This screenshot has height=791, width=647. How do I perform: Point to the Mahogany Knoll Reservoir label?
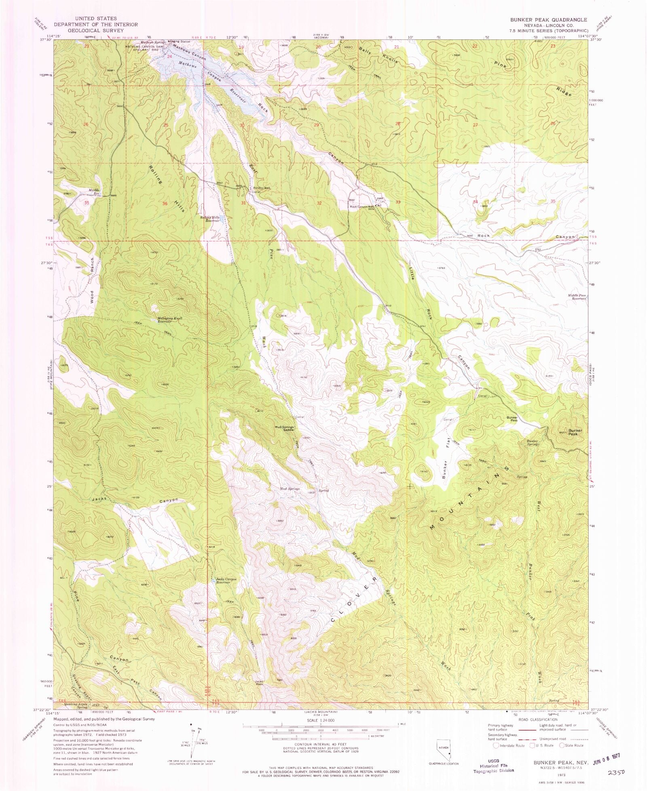[x=169, y=320]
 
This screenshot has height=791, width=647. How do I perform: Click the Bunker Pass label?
[x=512, y=419]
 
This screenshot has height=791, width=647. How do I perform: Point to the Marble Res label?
[x=94, y=191]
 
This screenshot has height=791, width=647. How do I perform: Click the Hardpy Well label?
[x=261, y=188]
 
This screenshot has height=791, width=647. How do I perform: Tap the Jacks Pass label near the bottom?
[x=259, y=682]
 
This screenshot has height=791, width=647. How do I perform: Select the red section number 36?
[x=165, y=204]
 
